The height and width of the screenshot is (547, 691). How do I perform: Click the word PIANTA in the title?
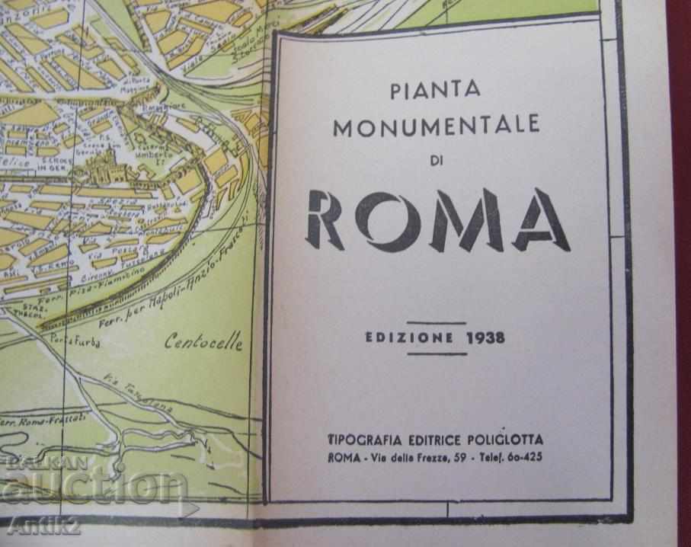[436, 91]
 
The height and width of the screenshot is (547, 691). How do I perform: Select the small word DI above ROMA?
[435, 158]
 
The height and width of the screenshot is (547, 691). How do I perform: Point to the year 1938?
[485, 337]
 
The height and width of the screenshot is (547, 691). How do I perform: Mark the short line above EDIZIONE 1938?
[437, 323]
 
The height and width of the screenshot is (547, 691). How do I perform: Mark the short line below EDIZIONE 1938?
[437, 353]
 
